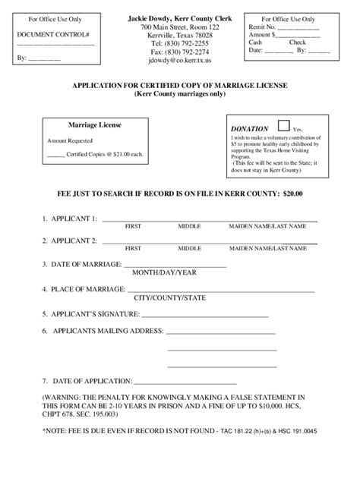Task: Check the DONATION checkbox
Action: pyautogui.click(x=284, y=126)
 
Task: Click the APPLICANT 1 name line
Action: pyautogui.click(x=209, y=220)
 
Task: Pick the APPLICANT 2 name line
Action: pyautogui.click(x=209, y=241)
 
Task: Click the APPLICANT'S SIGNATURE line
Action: pyautogui.click(x=205, y=313)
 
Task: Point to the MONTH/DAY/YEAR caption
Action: pyautogui.click(x=165, y=272)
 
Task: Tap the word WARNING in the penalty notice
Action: pyautogui.click(x=60, y=397)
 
